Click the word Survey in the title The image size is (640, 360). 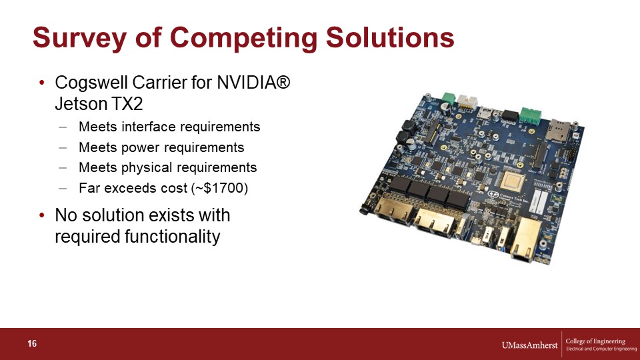[79, 38]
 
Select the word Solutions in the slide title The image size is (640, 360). [390, 37]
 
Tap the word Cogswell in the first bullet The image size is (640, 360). [92, 83]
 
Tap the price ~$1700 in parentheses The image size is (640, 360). [219, 188]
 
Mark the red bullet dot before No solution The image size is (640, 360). [42, 215]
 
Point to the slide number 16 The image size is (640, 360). [32, 344]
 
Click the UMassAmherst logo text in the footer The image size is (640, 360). [529, 345]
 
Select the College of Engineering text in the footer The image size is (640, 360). [595, 341]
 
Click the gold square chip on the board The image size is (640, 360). [512, 181]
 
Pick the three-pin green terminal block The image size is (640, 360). [530, 115]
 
